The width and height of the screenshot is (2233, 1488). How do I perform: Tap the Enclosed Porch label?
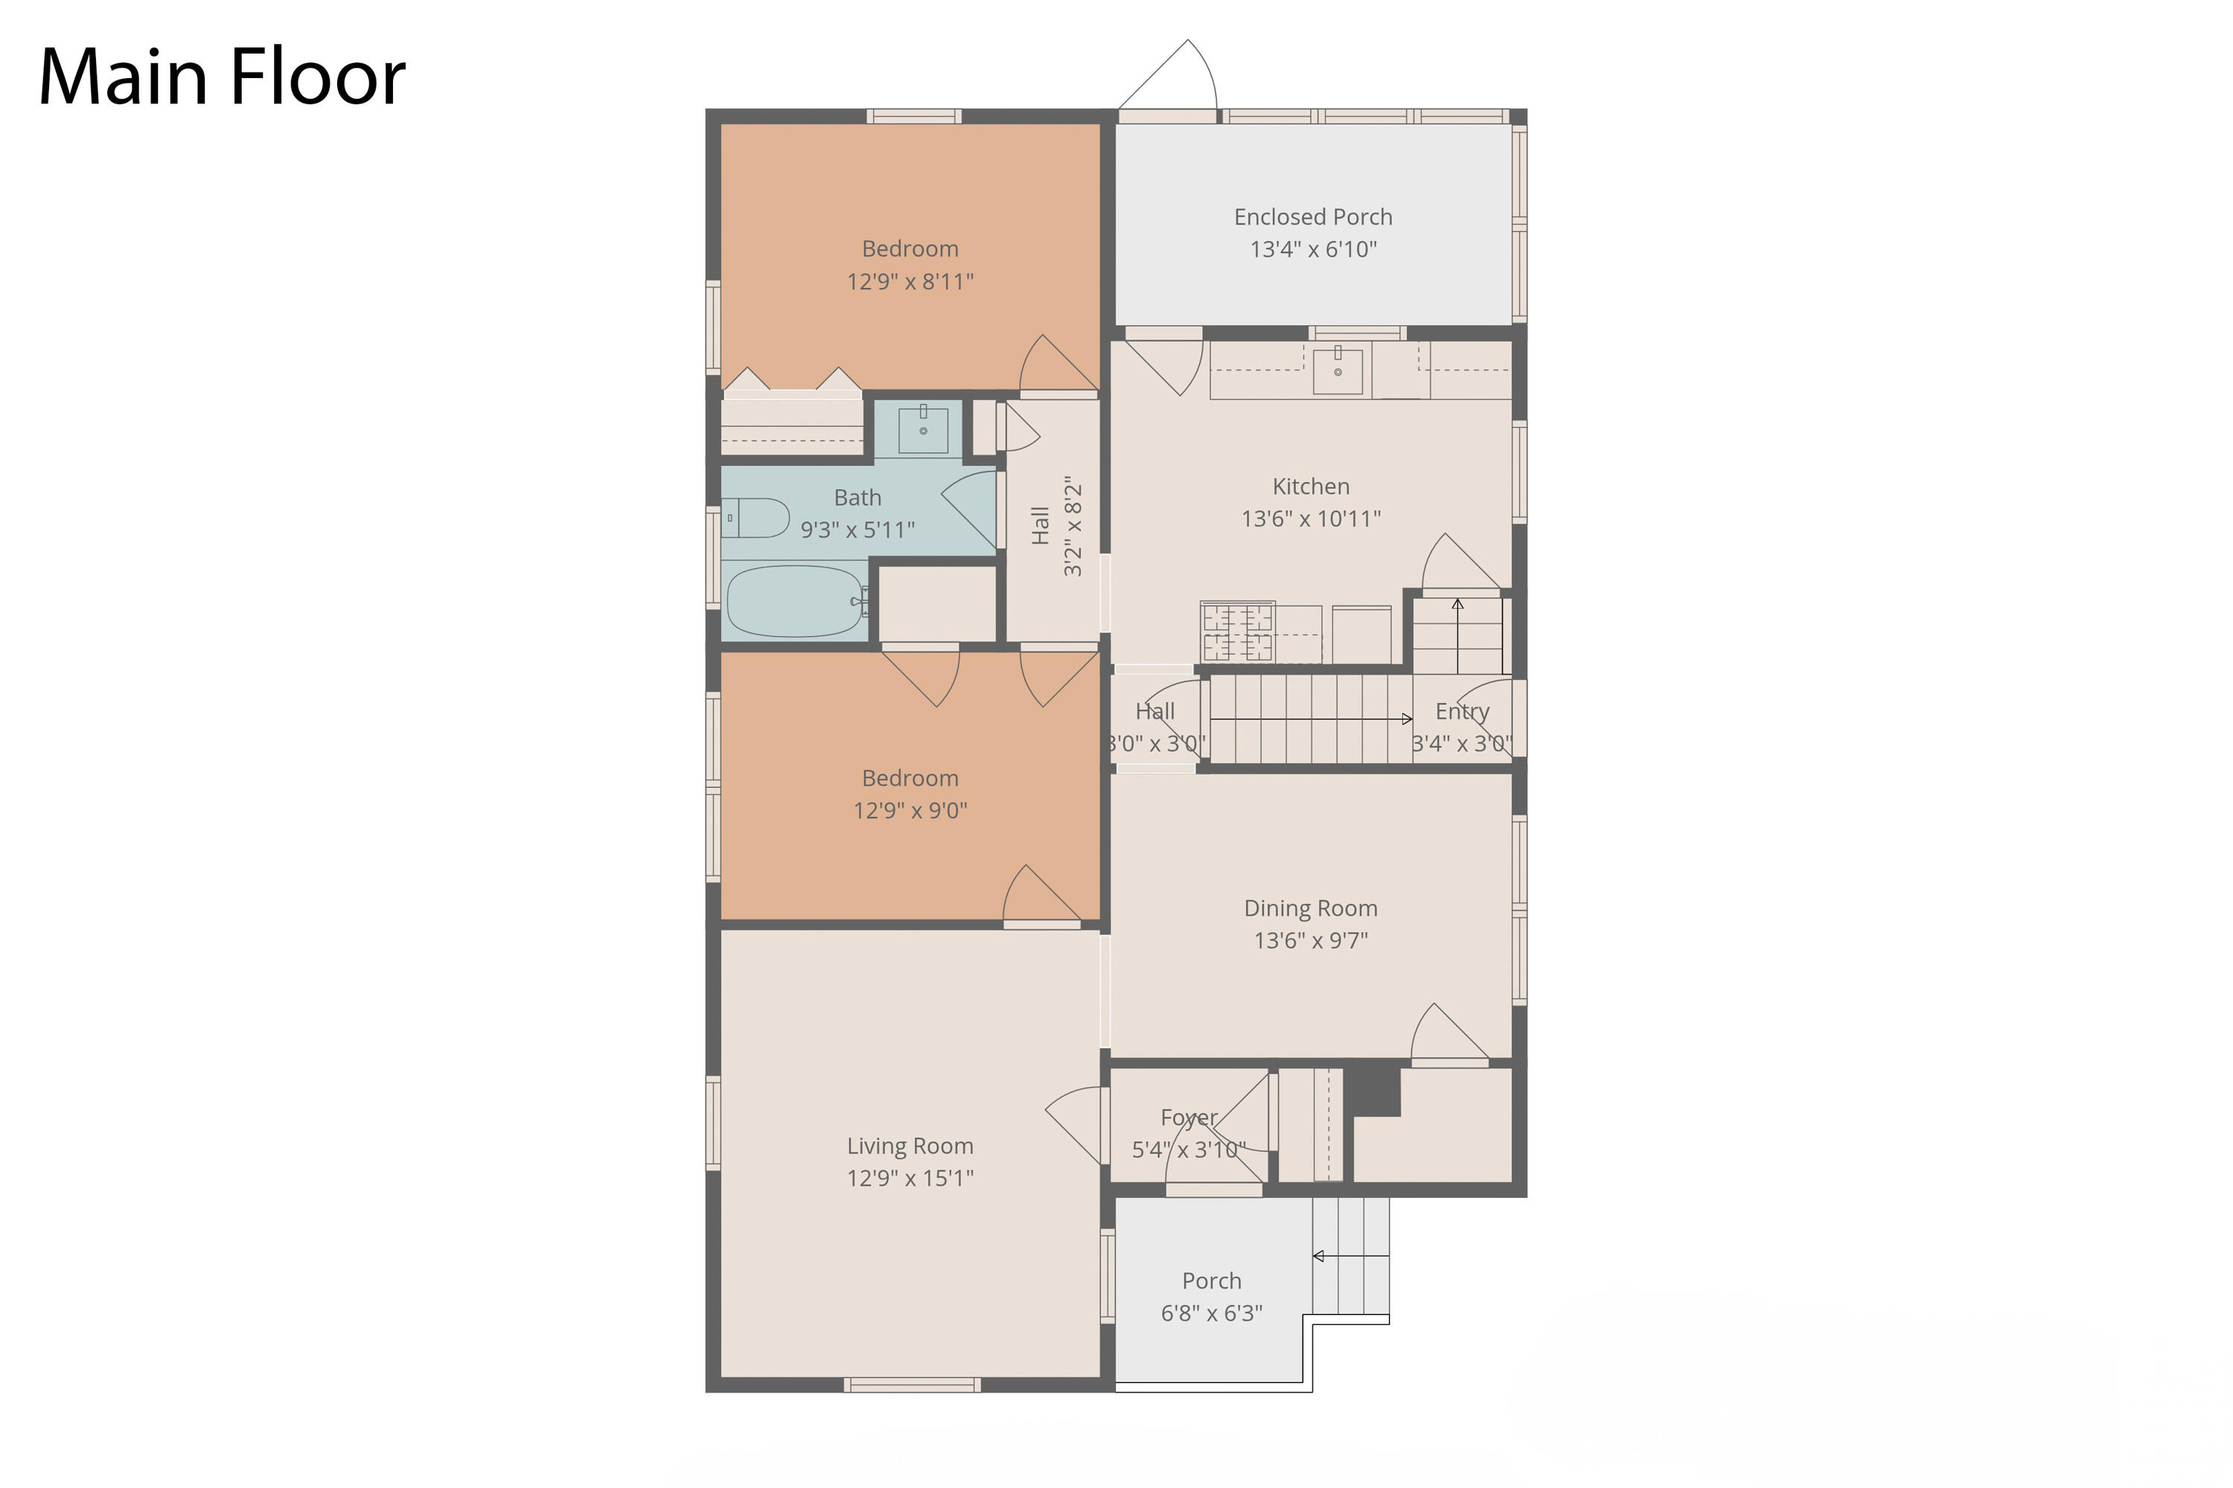1313,217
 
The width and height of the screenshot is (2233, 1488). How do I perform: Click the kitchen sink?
1338,369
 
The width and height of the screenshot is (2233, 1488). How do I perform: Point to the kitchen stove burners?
1237,631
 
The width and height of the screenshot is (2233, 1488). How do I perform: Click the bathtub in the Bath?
796,600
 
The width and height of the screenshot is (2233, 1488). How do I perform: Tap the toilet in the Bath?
755,518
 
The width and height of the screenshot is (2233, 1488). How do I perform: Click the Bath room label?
857,497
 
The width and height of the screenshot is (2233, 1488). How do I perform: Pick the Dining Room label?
1311,908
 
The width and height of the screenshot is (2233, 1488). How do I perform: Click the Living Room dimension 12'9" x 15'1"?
910,1178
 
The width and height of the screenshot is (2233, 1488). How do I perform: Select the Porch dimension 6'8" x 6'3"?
1212,1313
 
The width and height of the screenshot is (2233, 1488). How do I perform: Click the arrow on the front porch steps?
1351,1257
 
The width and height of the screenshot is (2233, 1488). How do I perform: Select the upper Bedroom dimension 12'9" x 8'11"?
910,282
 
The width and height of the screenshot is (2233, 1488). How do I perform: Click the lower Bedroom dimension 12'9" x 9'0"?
910,810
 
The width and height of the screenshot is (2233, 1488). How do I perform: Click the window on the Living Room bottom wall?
913,1385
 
